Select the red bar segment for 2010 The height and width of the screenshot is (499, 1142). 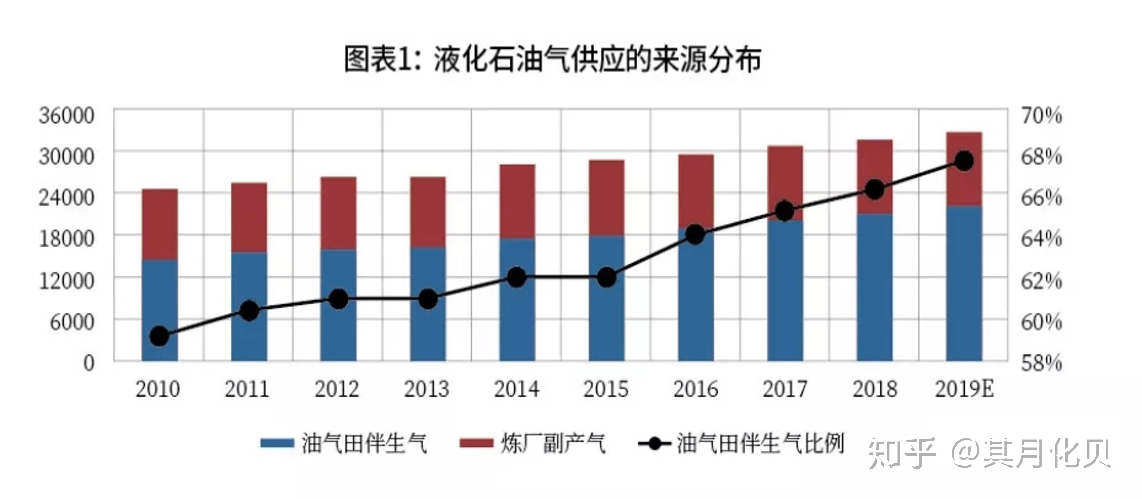click(160, 224)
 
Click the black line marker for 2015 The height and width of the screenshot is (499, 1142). click(606, 277)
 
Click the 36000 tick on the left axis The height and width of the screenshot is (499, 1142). click(66, 115)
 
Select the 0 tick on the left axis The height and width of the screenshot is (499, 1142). click(89, 363)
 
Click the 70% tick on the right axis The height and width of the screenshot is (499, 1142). click(1042, 115)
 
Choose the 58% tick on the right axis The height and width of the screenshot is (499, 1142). click(1042, 363)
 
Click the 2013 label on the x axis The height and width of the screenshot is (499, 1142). click(426, 389)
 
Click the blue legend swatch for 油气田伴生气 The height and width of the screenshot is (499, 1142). click(277, 443)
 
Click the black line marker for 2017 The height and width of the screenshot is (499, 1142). click(785, 211)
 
